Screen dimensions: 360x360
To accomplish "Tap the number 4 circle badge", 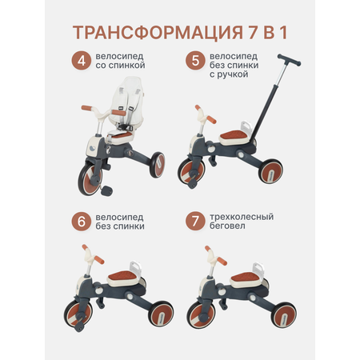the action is (82, 61).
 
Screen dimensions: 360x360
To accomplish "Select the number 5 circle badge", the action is (195, 61).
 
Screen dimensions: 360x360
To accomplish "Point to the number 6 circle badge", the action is (82, 222).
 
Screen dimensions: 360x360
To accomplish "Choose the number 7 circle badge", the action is (195, 222).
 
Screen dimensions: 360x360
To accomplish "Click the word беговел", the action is (227, 226).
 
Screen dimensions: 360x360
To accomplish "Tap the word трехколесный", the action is (242, 217).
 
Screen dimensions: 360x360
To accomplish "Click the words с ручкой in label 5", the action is (229, 74).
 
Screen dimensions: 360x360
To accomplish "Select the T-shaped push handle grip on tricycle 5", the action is (289, 60).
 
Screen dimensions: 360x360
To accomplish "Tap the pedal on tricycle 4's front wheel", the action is (106, 190).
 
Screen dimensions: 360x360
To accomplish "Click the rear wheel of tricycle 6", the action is (162, 314).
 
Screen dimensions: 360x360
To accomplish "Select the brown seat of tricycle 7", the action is (246, 278).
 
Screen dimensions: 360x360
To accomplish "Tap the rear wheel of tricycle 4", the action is (157, 165).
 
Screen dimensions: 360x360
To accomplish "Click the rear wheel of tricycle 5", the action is (271, 171).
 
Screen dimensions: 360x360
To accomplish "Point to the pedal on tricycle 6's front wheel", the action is (79, 326).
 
